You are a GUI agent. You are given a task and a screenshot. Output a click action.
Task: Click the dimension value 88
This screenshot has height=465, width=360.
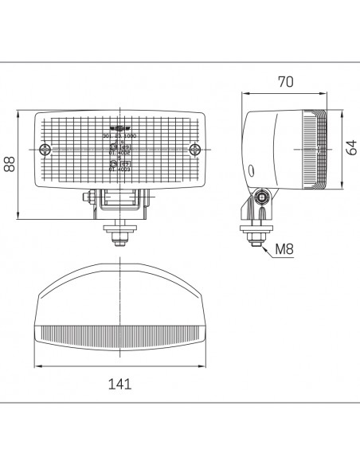(10, 163)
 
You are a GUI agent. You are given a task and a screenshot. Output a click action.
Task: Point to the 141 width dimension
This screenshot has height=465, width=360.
(119, 384)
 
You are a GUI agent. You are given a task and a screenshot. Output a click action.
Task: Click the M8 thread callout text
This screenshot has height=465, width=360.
(284, 249)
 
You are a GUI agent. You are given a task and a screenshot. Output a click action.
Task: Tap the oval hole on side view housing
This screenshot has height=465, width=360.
(252, 170)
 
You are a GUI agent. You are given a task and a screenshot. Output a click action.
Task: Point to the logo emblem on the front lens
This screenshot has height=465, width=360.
(119, 128)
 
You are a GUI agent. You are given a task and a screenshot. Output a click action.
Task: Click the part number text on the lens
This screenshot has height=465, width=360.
(119, 137)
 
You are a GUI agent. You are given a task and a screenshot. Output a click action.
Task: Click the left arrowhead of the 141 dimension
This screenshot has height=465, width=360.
(37, 368)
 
